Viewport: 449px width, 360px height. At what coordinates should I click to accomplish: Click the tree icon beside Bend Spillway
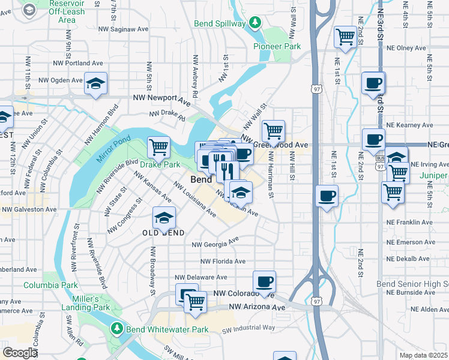pyautogui.click(x=255, y=23)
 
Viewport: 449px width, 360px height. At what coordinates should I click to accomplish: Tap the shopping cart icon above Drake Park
pyautogui.click(x=158, y=146)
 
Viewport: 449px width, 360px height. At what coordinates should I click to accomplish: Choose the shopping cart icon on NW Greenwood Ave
pyautogui.click(x=273, y=130)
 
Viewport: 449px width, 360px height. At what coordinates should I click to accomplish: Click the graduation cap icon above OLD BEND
pyautogui.click(x=164, y=217)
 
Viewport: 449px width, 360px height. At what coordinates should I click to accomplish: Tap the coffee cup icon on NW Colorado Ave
pyautogui.click(x=264, y=281)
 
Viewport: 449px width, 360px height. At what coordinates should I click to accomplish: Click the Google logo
pyautogui.click(x=19, y=353)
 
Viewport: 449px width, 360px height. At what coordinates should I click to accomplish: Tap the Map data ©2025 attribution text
pyautogui.click(x=423, y=355)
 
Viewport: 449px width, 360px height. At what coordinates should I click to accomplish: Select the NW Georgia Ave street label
pyautogui.click(x=215, y=244)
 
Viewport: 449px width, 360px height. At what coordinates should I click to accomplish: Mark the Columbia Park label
pyautogui.click(x=51, y=285)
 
